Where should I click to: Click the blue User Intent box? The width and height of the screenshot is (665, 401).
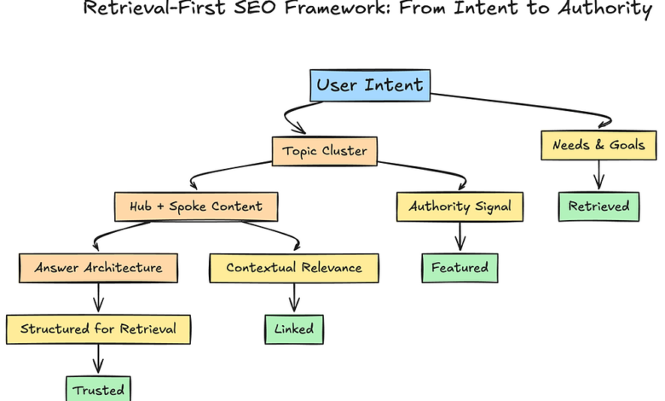[x=370, y=85]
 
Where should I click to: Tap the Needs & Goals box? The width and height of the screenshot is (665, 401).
[x=598, y=145]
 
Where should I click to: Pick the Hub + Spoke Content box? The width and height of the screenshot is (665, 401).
[x=196, y=206]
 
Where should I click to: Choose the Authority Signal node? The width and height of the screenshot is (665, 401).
[x=460, y=206]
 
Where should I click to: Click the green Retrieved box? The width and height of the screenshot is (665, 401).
[x=598, y=206]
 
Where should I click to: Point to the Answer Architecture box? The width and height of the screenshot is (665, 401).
[x=98, y=268]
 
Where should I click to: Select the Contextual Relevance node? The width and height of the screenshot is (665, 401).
[x=293, y=268]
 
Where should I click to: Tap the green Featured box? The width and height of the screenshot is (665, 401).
[x=460, y=268]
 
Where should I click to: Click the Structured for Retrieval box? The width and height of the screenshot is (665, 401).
[x=98, y=328]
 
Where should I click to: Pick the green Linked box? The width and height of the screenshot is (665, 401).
[x=293, y=328]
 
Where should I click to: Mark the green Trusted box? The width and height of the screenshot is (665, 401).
[x=98, y=389]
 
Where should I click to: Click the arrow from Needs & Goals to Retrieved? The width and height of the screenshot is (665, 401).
[x=598, y=175]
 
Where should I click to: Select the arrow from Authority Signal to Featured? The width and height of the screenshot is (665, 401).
[x=460, y=236]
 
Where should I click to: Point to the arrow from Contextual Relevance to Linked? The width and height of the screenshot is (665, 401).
[x=293, y=298]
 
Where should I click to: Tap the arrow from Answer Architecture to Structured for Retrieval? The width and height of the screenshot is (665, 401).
[x=98, y=298]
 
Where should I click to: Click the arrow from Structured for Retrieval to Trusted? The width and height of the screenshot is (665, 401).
[x=98, y=358]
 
